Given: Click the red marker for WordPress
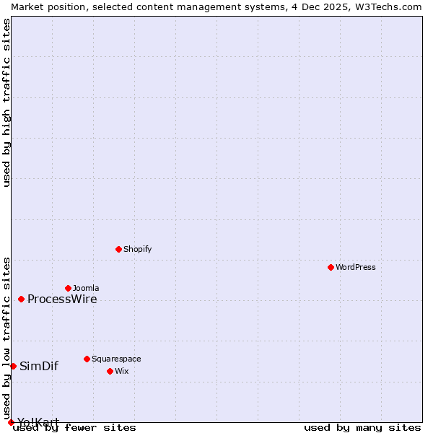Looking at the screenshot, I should click(x=331, y=267).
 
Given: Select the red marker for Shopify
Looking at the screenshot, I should click(x=118, y=249).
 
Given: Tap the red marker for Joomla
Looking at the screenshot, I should click(x=68, y=288).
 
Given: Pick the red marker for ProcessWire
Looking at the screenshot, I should click(x=21, y=299).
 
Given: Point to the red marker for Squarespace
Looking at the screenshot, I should click(x=87, y=359).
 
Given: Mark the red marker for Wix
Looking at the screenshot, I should click(x=110, y=371).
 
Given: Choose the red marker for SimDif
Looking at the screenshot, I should click(x=13, y=366).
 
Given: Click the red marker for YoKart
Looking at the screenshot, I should click(x=11, y=422).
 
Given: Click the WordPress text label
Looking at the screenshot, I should click(x=356, y=267).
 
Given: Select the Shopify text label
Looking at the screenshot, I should click(x=137, y=249).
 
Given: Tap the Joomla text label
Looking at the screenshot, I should click(x=86, y=288).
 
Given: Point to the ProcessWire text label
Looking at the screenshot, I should click(x=62, y=299).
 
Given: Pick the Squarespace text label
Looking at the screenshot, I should click(x=116, y=359).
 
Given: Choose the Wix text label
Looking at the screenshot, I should click(x=121, y=371).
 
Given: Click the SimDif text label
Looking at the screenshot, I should click(x=39, y=366).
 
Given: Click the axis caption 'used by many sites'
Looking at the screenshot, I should click(x=362, y=427).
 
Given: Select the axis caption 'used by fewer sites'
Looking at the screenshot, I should click(x=75, y=427).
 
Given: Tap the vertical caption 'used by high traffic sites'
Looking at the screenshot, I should click(x=6, y=102).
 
